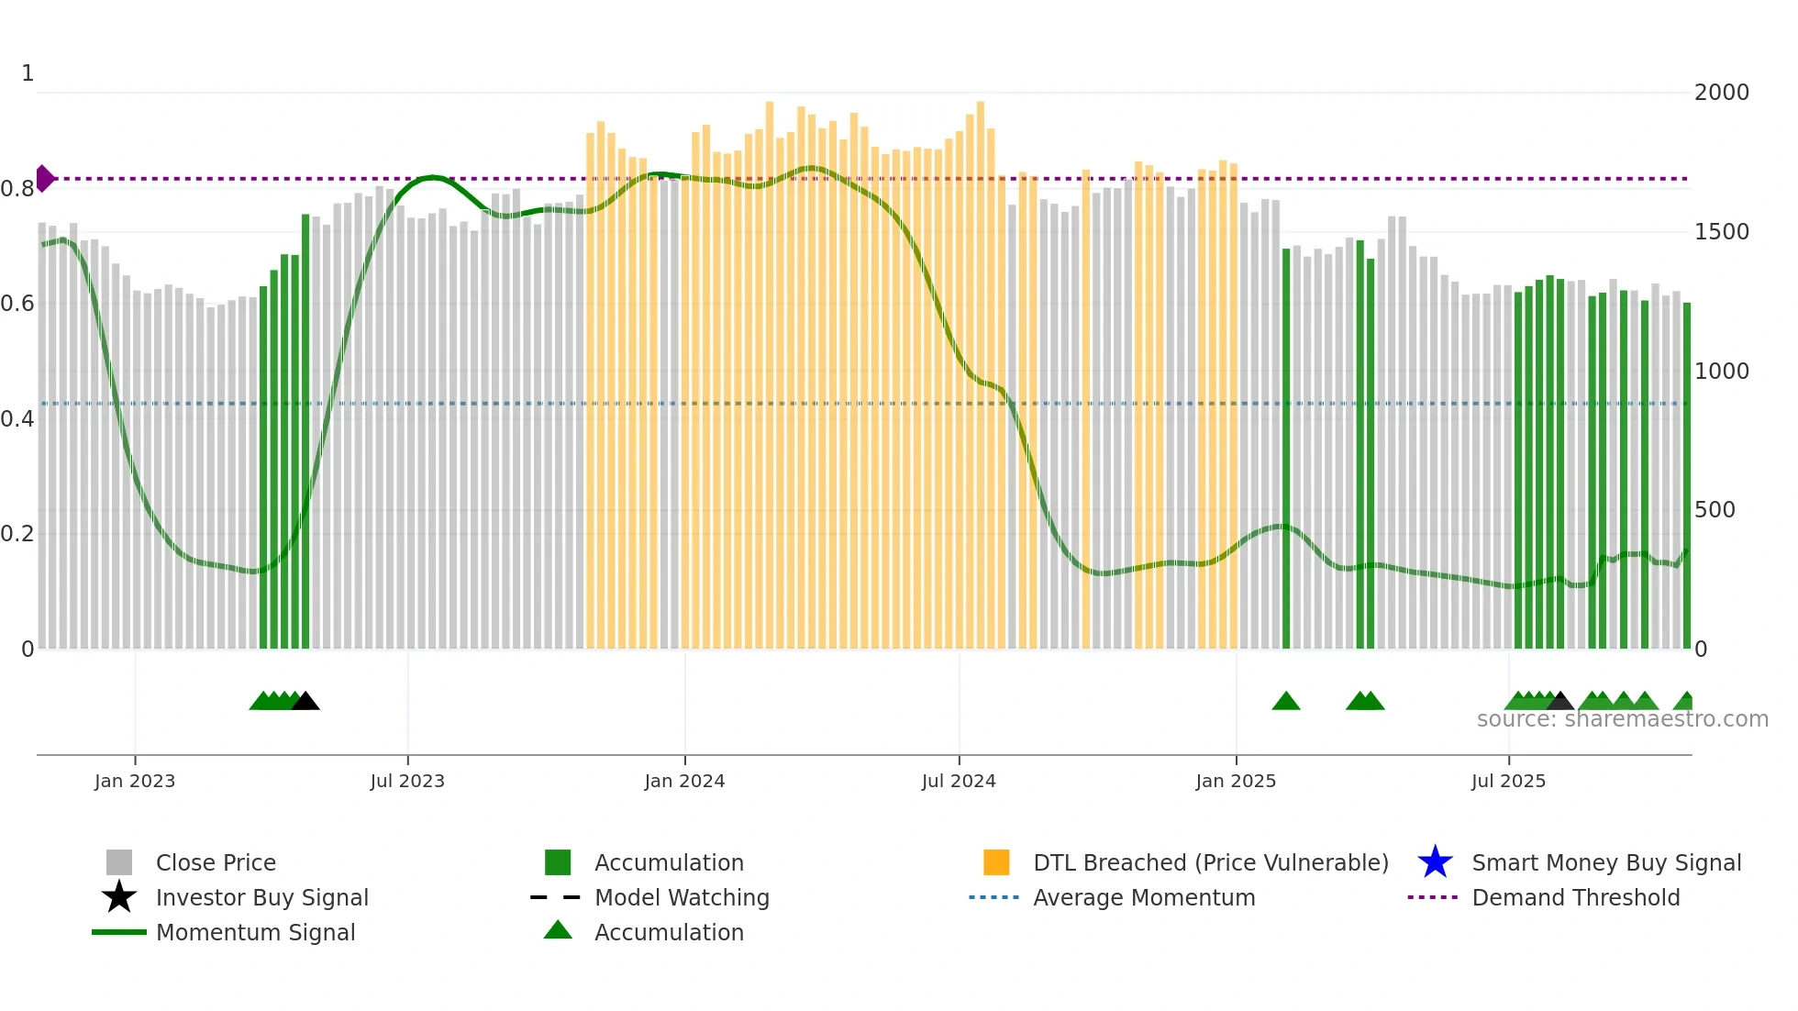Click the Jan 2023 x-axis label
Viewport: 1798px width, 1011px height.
tap(134, 781)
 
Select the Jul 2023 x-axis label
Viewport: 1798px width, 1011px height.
tap(407, 781)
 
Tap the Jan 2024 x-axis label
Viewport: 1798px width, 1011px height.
tap(684, 781)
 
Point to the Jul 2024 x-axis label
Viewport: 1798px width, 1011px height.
tap(959, 781)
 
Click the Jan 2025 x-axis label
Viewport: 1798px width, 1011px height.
tap(1236, 781)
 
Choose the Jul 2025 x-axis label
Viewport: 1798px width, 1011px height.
tap(1508, 781)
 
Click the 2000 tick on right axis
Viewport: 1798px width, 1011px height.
tap(1721, 93)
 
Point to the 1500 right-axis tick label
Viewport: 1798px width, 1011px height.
tap(1721, 232)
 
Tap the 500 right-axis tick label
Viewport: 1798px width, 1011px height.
tap(1714, 510)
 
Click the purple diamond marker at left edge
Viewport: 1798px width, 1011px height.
tap(44, 178)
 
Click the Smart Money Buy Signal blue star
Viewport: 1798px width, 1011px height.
tap(1435, 862)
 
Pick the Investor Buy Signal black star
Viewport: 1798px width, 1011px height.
tap(119, 897)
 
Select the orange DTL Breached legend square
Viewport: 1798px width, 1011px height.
tap(996, 862)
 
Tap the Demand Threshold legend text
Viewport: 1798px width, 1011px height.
tap(1575, 897)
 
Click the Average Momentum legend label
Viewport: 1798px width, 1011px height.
tap(1143, 897)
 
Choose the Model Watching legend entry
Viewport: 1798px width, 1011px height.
tap(682, 897)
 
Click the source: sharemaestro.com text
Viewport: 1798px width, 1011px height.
tap(1622, 719)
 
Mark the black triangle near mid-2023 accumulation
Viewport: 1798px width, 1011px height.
tap(305, 702)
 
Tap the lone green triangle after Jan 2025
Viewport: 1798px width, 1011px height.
tap(1285, 702)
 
